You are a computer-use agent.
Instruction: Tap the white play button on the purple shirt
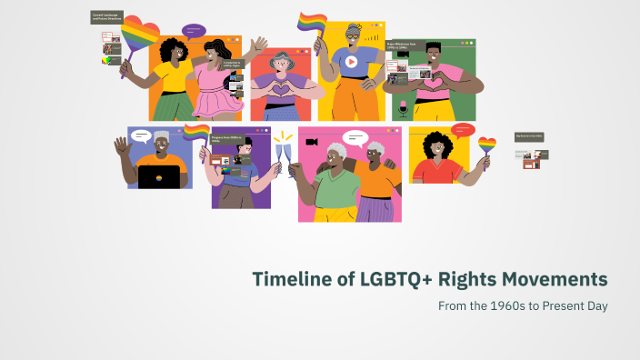(351, 62)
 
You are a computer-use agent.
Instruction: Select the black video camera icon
(312, 143)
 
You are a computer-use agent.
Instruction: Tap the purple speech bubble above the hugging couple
(194, 31)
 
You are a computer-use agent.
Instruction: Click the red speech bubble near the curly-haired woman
(463, 130)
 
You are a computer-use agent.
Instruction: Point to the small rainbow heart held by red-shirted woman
(487, 145)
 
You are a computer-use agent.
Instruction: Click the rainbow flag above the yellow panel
(312, 22)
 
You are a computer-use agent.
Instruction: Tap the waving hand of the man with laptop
(123, 145)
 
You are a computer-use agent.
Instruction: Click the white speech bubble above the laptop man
(142, 135)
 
